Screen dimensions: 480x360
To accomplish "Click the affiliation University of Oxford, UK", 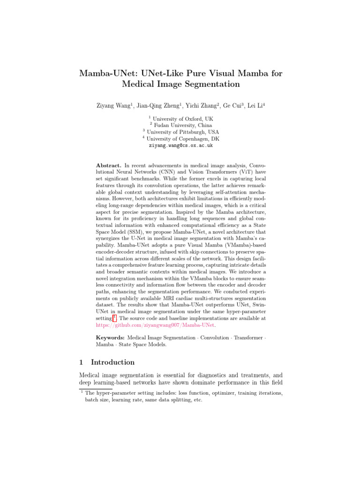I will tap(182, 119).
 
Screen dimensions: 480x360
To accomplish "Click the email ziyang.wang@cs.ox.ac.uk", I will tap(180, 146).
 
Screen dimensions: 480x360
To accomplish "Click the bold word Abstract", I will tap(109, 165).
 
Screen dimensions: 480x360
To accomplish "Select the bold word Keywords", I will tap(110, 337).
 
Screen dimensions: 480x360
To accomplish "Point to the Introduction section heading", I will tap(112, 362).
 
